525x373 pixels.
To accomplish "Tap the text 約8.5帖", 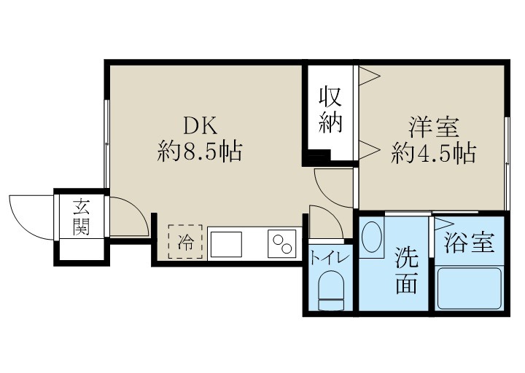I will pos(200,152).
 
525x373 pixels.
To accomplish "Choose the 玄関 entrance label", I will pos(81,217).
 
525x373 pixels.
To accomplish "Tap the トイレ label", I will pos(329,257).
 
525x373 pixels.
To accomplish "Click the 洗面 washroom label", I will pos(406,270).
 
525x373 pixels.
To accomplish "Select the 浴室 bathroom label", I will pos(470,243).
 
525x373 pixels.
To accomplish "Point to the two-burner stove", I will pos(283,243).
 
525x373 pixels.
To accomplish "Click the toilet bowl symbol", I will pos(331,288).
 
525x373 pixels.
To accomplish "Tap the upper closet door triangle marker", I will pos(368,74).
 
